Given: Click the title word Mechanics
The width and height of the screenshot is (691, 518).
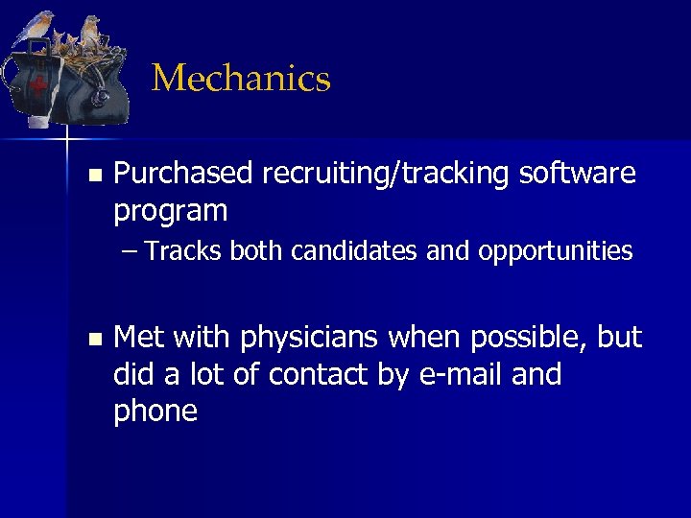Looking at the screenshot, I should point(241,79).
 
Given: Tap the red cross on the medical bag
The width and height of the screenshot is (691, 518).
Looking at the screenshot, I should point(37,85).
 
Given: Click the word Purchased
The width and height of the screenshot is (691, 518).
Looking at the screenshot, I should point(183,174).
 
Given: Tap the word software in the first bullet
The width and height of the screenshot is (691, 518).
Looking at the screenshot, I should point(577,174).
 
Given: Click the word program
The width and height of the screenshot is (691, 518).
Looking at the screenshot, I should point(170,211).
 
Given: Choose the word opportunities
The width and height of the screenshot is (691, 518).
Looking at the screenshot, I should point(556,251).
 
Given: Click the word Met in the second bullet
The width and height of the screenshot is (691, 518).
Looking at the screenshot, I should point(138,338).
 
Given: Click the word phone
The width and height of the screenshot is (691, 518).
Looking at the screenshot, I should point(155,411).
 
